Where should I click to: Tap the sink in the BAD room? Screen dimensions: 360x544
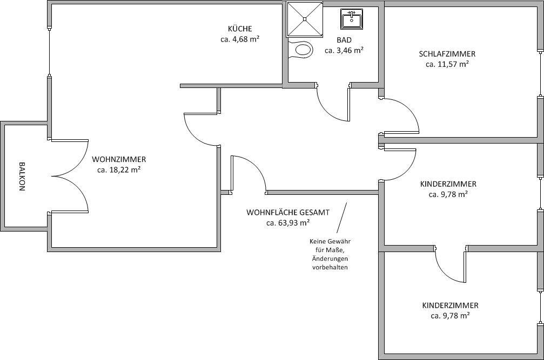point(352,19)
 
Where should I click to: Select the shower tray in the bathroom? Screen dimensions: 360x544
point(304,19)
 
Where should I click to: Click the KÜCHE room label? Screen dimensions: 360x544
point(240,29)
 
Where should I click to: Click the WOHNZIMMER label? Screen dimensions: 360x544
point(119,159)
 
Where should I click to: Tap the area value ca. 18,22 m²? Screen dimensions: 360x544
point(119,169)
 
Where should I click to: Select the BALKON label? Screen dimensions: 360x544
point(22,176)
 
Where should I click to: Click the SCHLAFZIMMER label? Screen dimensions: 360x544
point(447,53)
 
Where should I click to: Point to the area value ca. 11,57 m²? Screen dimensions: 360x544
point(447,64)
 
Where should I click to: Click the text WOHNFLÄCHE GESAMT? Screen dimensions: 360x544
point(288,212)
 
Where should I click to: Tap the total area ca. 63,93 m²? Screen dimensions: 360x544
point(288,222)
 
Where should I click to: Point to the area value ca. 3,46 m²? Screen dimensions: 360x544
point(344,50)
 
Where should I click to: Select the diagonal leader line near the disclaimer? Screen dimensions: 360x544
point(342,216)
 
